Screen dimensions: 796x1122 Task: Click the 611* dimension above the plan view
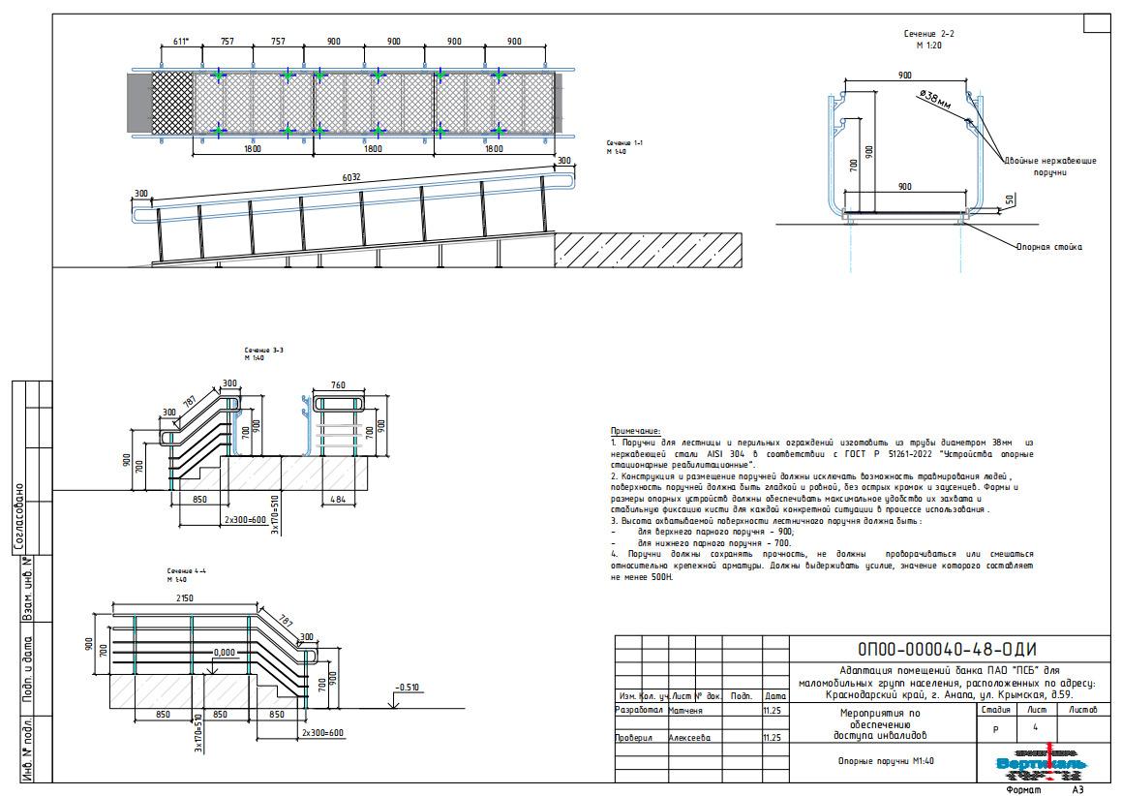click(x=180, y=42)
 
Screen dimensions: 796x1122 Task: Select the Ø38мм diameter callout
click(x=935, y=99)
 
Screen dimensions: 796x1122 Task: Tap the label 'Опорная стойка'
click(x=1048, y=247)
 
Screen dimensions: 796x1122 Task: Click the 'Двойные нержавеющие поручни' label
click(x=1049, y=167)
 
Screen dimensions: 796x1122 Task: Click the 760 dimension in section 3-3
click(x=337, y=385)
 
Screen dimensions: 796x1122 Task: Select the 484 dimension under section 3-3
click(x=337, y=499)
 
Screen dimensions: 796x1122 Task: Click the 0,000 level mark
click(x=224, y=653)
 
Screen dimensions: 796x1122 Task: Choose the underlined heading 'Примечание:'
click(x=635, y=431)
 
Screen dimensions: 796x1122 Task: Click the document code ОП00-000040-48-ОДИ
click(x=947, y=649)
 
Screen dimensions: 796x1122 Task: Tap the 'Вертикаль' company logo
click(x=1042, y=764)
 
